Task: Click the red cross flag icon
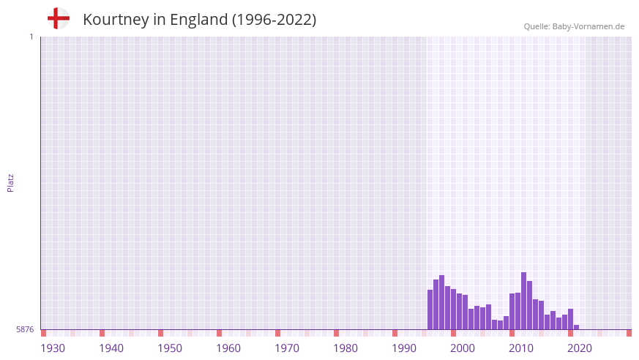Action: (59, 19)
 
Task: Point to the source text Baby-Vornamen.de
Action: (588, 26)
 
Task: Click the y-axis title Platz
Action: (10, 182)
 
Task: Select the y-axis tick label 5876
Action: (25, 330)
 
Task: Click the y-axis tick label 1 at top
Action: (31, 37)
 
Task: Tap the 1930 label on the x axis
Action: (53, 348)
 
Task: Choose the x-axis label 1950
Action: (170, 348)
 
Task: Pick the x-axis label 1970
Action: (287, 348)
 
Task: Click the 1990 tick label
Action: (404, 348)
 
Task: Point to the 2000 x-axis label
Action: (463, 348)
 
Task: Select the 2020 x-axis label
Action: (580, 348)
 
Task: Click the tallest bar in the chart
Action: (523, 301)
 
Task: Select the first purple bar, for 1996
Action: (430, 310)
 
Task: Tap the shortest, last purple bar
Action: (577, 327)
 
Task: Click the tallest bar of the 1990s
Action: (442, 302)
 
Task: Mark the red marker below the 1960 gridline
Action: (219, 333)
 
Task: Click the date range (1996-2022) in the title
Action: (274, 20)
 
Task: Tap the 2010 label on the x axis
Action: (521, 348)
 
